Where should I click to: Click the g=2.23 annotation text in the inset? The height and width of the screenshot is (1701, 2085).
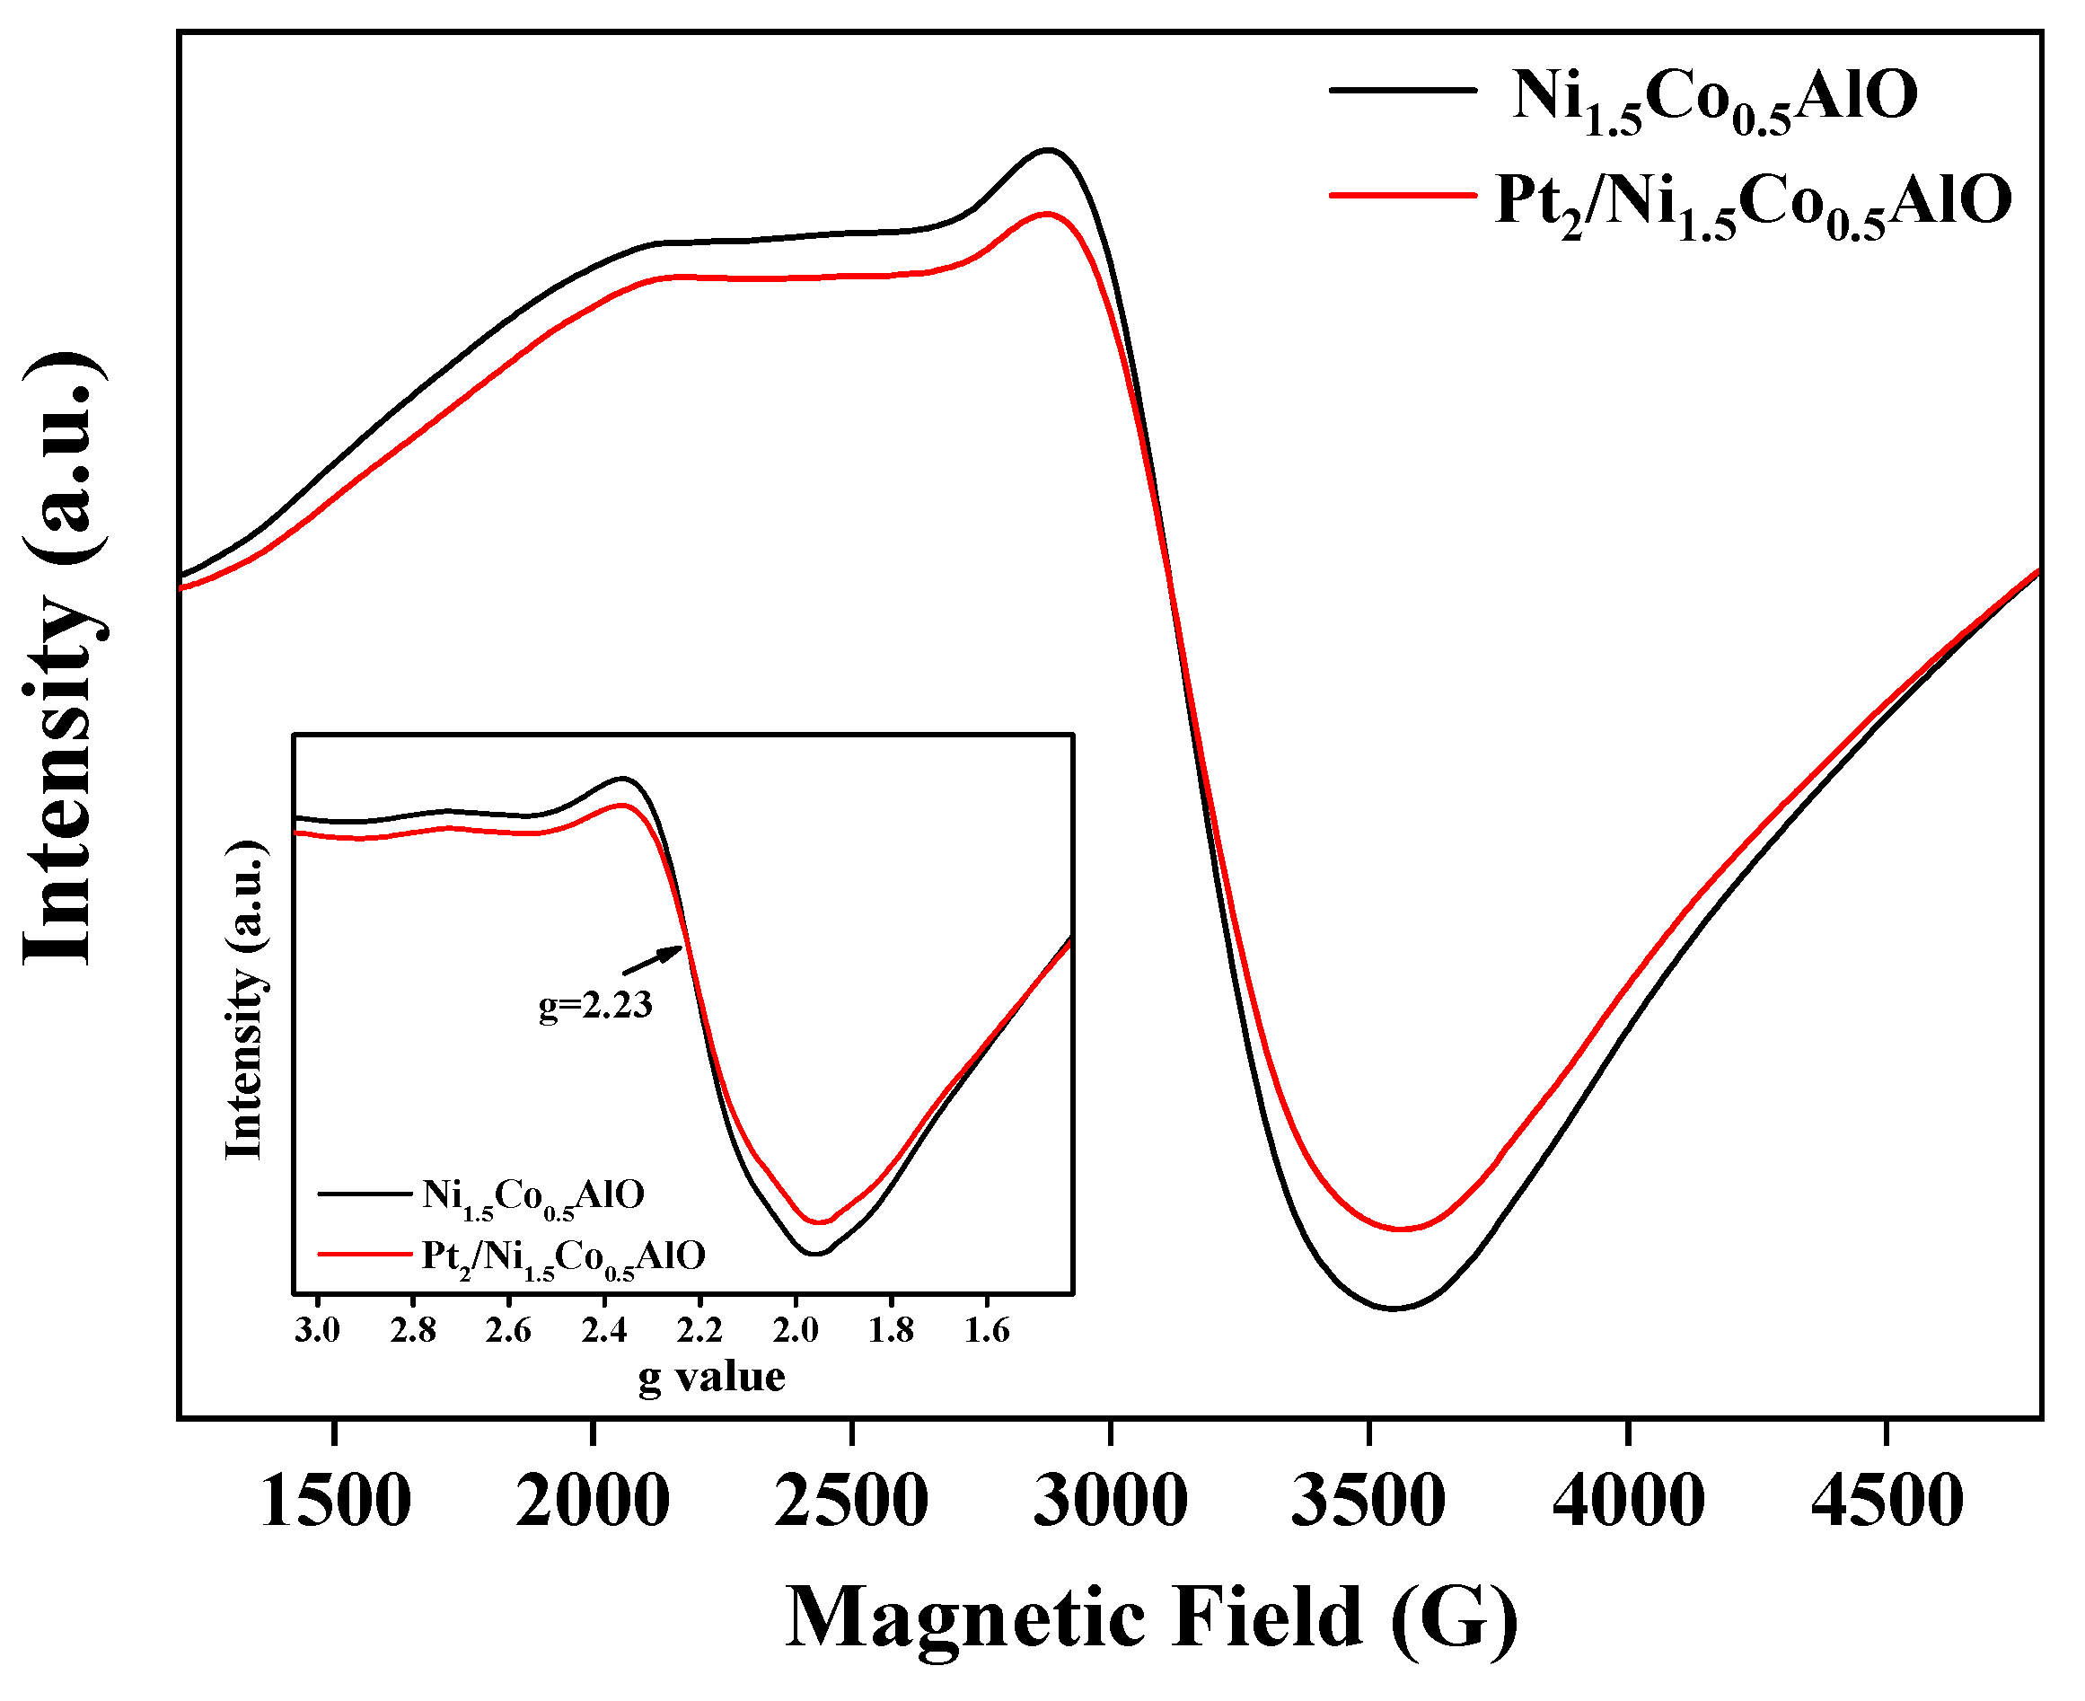tap(595, 1005)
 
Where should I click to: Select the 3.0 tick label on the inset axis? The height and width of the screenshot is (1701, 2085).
tap(318, 1331)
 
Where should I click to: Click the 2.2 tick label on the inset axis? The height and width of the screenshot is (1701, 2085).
tap(699, 1331)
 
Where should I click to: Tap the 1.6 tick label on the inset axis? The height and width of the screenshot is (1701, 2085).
tap(987, 1331)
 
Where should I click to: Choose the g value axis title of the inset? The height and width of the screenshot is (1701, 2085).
tap(711, 1378)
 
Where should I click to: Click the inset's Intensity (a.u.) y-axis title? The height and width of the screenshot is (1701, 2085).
tap(244, 1000)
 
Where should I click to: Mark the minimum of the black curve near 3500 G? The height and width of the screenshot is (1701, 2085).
tap(1394, 1309)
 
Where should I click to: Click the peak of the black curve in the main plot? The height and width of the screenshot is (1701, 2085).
tap(1049, 150)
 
